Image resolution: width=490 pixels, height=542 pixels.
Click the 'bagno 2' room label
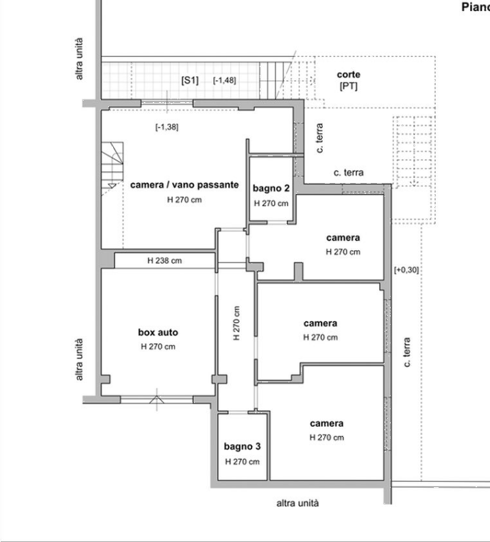[x=271, y=188]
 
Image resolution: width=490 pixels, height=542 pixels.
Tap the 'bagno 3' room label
[x=242, y=447]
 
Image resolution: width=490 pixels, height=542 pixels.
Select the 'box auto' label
[x=158, y=332]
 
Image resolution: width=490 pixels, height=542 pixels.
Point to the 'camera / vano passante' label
[x=184, y=185]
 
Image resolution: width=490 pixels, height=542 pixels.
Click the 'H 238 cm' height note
[x=164, y=260]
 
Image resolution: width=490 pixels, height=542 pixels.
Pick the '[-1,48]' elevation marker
[x=224, y=80]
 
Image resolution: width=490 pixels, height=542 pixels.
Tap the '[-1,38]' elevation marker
[x=167, y=127]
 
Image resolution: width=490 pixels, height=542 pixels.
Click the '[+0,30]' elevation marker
[x=406, y=269]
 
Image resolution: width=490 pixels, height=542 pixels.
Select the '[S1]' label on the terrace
[x=190, y=81]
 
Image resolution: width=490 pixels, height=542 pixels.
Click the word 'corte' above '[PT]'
[x=349, y=75]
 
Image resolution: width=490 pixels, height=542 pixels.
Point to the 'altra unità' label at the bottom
[x=297, y=503]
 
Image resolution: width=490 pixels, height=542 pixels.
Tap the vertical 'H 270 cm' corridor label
[x=236, y=323]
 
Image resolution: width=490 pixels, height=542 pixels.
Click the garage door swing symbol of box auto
[x=157, y=399]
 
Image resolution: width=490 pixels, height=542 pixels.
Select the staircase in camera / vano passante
[x=112, y=165]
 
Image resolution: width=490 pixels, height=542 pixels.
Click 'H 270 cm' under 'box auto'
[x=158, y=347]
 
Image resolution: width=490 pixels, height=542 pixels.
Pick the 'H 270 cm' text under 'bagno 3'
[x=242, y=462]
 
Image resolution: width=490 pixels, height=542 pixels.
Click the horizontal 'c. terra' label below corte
[x=349, y=173]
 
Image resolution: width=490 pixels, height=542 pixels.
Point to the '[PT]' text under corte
[x=349, y=86]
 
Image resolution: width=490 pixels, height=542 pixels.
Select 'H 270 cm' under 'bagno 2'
[x=271, y=204]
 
